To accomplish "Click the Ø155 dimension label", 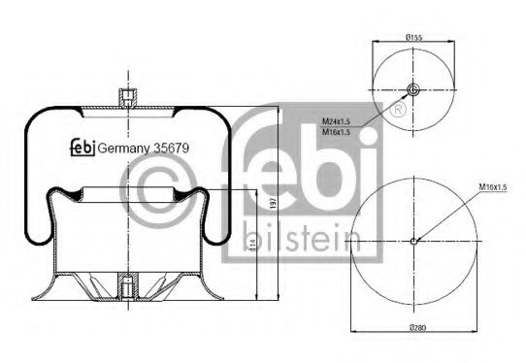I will [412, 38].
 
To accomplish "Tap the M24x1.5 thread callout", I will [336, 121].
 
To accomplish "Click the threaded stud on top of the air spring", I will [124, 98].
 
